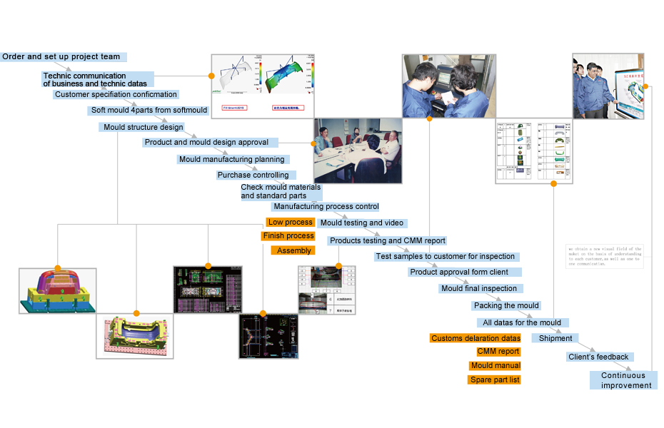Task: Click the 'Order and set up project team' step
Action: coord(63,56)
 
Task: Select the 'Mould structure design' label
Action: coord(143,128)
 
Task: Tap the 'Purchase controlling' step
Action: coord(253,175)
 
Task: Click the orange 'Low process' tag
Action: coord(290,223)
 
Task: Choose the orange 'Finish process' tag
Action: coord(288,236)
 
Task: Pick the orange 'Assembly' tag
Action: coord(293,250)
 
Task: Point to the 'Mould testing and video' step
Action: coord(361,223)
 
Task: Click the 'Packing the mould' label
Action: coord(505,306)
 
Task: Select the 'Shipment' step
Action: coord(555,338)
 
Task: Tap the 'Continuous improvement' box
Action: coord(623,380)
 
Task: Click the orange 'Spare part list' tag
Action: coord(494,379)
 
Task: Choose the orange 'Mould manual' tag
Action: coord(495,366)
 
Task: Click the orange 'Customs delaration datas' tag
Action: coord(475,338)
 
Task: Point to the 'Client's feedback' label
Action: coord(598,357)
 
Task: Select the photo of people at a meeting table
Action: coord(357,150)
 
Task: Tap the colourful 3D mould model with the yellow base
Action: coord(57,290)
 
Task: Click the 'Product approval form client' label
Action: coord(464,272)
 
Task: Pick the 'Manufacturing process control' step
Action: coord(326,207)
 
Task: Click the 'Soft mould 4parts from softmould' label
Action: coord(149,111)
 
